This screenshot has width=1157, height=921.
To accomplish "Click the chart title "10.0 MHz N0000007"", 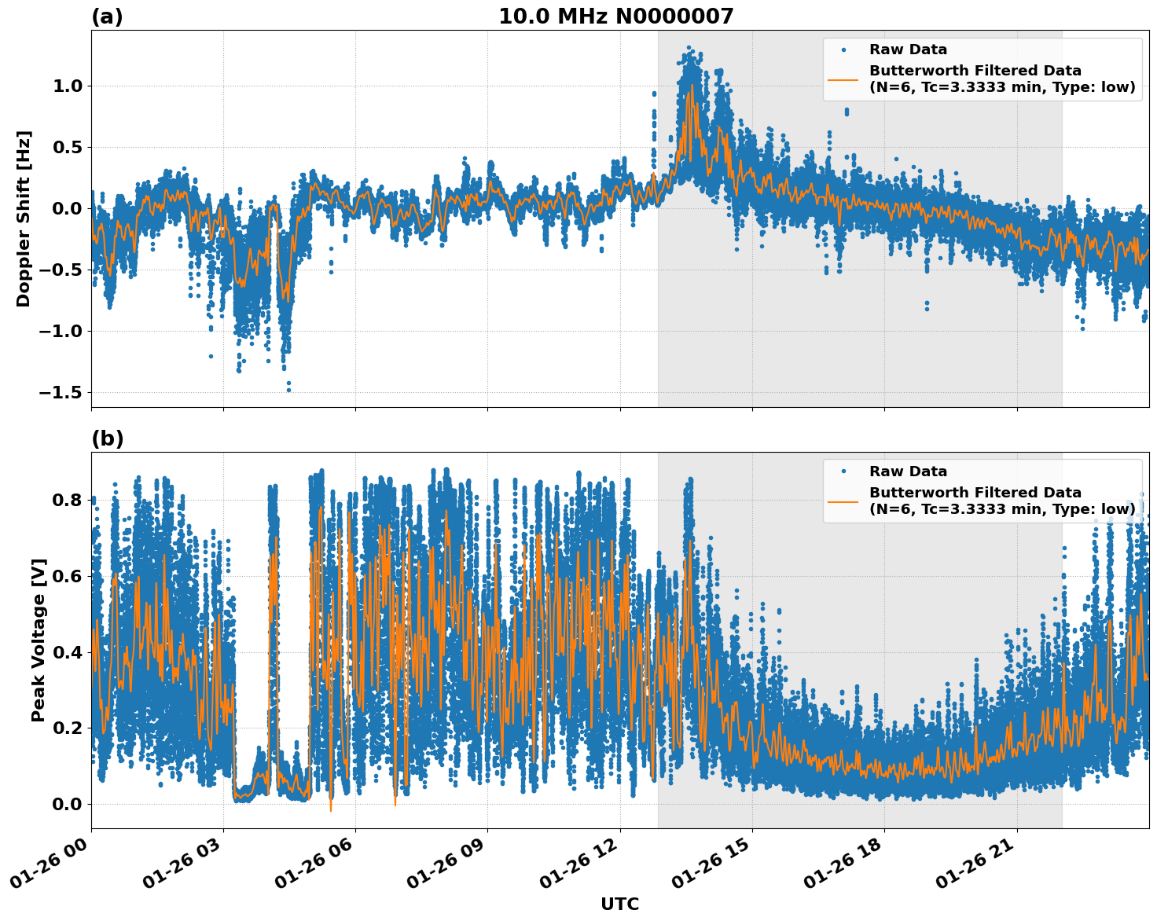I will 615,17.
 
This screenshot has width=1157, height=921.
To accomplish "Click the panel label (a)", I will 107,17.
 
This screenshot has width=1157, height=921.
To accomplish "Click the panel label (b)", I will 107,438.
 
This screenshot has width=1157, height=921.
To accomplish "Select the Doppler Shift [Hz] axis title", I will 24,218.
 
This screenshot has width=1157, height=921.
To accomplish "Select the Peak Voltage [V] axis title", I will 39,640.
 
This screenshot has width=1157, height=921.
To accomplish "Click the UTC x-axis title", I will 619,904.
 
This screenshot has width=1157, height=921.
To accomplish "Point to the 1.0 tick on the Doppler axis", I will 68,86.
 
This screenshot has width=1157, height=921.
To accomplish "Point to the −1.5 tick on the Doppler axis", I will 62,392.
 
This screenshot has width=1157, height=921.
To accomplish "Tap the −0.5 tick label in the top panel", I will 62,270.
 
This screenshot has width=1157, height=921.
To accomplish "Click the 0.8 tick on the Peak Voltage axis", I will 68,500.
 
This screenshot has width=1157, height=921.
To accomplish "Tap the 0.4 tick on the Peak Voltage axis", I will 68,652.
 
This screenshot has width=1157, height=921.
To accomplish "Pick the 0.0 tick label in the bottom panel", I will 68,804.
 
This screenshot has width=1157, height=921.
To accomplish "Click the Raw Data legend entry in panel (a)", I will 908,50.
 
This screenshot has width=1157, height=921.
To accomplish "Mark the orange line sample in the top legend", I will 843,79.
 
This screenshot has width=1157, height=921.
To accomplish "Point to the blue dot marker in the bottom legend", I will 843,472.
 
